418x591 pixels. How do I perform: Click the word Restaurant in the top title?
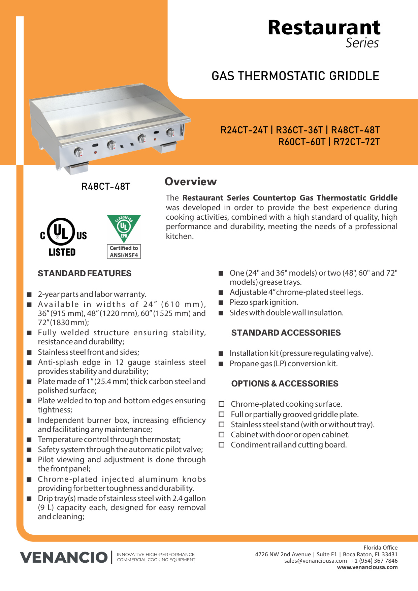tap(324, 28)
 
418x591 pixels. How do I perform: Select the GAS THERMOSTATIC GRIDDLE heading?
tap(295, 76)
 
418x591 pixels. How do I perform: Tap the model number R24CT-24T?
tap(244, 130)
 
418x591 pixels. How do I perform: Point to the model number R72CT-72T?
tap(356, 142)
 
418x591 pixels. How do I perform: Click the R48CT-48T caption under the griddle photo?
tap(106, 187)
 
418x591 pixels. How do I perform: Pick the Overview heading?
tap(191, 182)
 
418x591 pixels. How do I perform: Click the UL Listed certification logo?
tap(63, 237)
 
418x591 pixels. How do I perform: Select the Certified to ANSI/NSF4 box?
tap(124, 252)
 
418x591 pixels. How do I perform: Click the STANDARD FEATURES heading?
tap(85, 274)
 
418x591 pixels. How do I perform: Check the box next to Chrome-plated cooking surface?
tap(222, 404)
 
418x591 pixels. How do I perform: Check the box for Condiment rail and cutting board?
tap(222, 445)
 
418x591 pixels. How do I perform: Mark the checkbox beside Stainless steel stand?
tap(222, 425)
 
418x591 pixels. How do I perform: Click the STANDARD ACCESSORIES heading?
tap(286, 333)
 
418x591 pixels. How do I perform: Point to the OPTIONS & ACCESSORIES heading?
tap(285, 384)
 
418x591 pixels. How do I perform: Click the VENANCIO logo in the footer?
tap(64, 557)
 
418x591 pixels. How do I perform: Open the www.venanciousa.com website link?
tap(367, 567)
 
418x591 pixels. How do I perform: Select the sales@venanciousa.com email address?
tap(315, 561)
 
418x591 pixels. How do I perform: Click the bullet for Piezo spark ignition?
tap(221, 303)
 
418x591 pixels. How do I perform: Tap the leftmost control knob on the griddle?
tap(78, 152)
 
